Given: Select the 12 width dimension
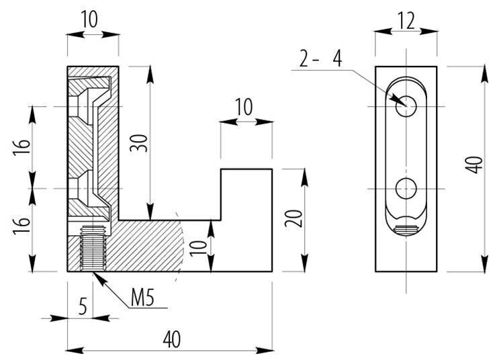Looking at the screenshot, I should click(405, 21).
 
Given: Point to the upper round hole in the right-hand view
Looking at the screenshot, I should click(406, 107).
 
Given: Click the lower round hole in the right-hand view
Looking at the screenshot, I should click(406, 189).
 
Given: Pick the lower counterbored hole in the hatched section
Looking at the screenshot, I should click(87, 189).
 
